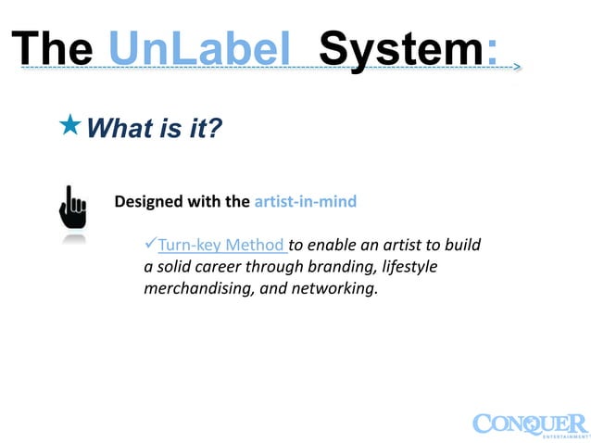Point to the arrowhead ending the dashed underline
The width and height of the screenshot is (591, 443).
[x=516, y=68]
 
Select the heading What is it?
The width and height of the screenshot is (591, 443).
[x=154, y=128]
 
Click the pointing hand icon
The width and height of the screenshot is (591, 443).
[x=72, y=208]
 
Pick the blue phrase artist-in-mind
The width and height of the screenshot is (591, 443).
[x=305, y=201]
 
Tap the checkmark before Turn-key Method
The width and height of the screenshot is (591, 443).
[x=151, y=245]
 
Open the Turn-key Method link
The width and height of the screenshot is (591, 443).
[x=221, y=246]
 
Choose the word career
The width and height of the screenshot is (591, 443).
[x=221, y=267]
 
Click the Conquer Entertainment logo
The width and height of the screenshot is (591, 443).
[x=529, y=424]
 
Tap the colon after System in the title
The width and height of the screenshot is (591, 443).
[x=491, y=47]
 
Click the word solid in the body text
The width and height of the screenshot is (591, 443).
[x=174, y=267]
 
